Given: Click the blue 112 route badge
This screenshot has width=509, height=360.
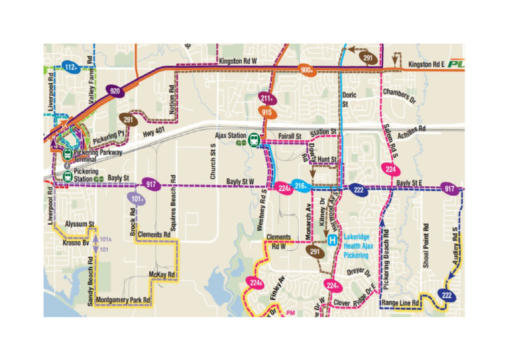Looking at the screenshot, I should [x=72, y=67].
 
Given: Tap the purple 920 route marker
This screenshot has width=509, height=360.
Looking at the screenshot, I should [x=115, y=91].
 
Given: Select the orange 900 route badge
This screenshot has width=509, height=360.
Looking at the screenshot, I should [x=307, y=70].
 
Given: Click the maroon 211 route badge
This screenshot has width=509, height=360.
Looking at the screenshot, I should [x=266, y=99].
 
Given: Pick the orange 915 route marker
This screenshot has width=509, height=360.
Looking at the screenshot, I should [x=267, y=112].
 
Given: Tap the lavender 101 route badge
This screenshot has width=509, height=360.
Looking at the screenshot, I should [x=137, y=198].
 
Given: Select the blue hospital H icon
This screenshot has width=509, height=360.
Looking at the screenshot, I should [x=332, y=241].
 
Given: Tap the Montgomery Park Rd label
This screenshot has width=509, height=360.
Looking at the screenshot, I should [x=123, y=300].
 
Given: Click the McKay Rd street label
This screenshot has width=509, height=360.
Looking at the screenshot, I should [x=162, y=274].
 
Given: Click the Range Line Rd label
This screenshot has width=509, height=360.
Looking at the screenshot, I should [x=401, y=303].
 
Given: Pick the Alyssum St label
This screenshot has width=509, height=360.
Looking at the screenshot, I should [x=81, y=224].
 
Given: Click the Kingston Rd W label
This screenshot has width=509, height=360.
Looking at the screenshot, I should [x=236, y=61].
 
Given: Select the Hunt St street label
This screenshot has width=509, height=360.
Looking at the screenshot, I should [x=327, y=160].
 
